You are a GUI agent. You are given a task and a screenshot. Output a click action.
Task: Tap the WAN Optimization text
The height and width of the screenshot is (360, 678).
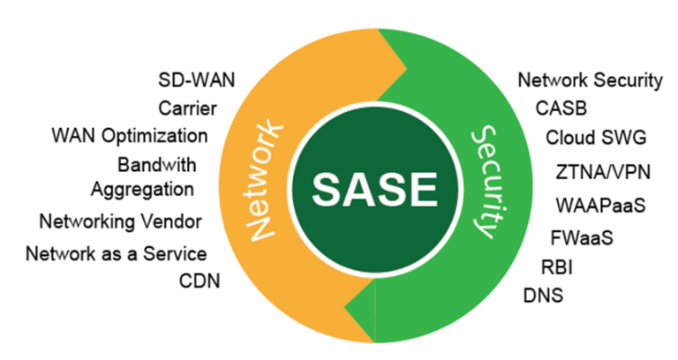pyautogui.click(x=130, y=136)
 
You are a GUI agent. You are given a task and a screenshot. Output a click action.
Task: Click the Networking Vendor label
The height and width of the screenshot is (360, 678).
pyautogui.click(x=120, y=220)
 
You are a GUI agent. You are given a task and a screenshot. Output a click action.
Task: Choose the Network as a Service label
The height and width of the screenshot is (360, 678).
pyautogui.click(x=116, y=254)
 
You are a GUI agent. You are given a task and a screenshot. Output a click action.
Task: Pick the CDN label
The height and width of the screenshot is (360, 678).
pyautogui.click(x=200, y=281)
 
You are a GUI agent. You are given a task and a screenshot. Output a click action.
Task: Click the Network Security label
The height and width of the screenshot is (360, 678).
pyautogui.click(x=589, y=80)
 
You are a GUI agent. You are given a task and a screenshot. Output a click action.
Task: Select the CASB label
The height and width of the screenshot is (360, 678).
pyautogui.click(x=561, y=109)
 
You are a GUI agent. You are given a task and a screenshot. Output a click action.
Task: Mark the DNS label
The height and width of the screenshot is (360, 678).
pyautogui.click(x=542, y=294)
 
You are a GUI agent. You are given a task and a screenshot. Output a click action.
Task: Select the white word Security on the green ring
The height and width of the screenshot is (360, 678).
pyautogui.click(x=482, y=181)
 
